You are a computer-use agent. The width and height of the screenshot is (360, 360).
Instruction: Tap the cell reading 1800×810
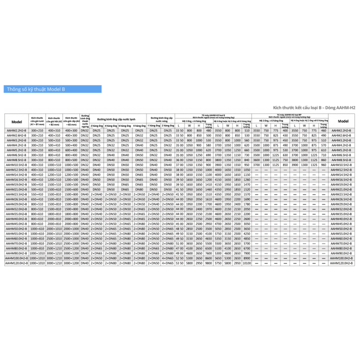[x=54, y=213]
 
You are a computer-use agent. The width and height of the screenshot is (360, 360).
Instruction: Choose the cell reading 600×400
[x=70, y=149]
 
